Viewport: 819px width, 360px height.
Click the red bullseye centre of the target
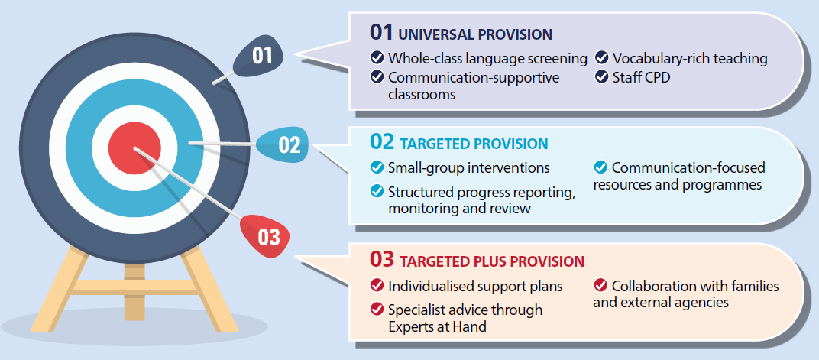tap(134, 148)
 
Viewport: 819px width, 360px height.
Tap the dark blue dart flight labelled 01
tap(260, 57)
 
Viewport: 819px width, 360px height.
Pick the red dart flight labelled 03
tap(266, 235)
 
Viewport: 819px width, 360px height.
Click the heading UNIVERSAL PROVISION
tap(474, 34)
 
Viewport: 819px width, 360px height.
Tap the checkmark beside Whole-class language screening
tap(377, 57)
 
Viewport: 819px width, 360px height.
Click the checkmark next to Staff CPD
tap(602, 77)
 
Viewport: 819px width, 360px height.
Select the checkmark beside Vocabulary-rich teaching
tap(602, 57)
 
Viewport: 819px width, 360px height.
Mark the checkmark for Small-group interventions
tap(377, 167)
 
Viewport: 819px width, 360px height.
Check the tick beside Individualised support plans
tap(377, 286)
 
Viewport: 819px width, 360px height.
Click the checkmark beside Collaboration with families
tap(600, 285)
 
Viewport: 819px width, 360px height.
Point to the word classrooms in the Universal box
tap(422, 95)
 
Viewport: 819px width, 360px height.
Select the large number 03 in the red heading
tap(382, 259)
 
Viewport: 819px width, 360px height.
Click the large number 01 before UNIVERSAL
tap(380, 32)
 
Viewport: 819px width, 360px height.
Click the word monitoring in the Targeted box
tap(422, 209)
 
